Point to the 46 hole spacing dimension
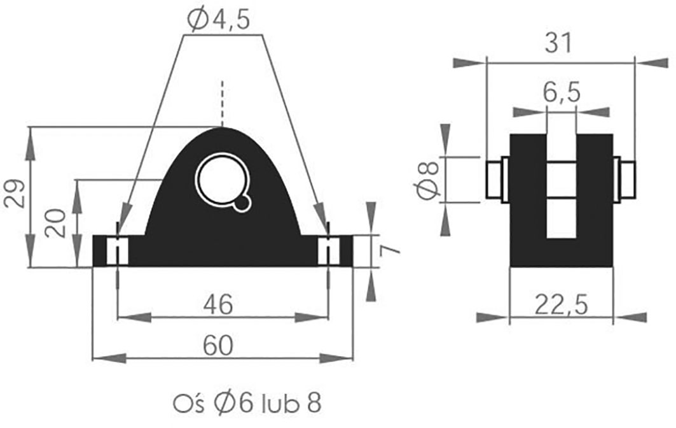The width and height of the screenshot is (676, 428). [x=218, y=304]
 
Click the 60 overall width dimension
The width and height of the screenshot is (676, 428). [x=218, y=346]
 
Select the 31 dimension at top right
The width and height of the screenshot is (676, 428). [x=560, y=43]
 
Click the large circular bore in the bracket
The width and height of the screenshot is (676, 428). [x=221, y=179]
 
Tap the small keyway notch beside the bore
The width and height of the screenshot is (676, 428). [x=242, y=203]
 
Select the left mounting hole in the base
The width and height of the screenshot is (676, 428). [x=118, y=251]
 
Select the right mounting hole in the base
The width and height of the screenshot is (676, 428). [x=328, y=251]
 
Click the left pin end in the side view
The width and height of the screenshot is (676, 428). [x=495, y=179]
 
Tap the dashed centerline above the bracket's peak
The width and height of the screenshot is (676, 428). [x=221, y=102]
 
